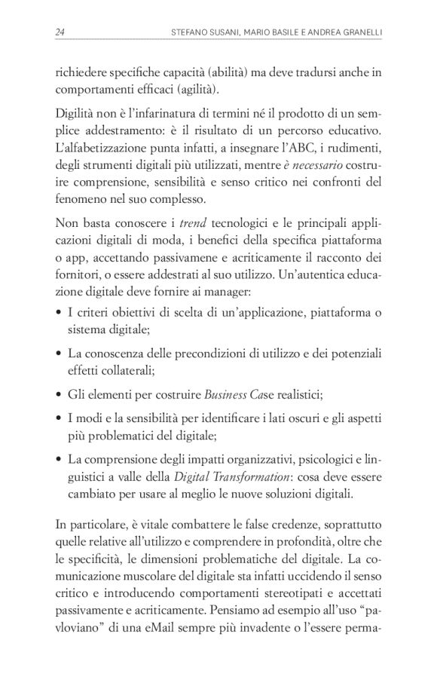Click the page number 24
[x=60, y=31]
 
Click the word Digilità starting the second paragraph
[x=75, y=114]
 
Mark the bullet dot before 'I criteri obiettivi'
[x=59, y=314]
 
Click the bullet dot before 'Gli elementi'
[x=59, y=394]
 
